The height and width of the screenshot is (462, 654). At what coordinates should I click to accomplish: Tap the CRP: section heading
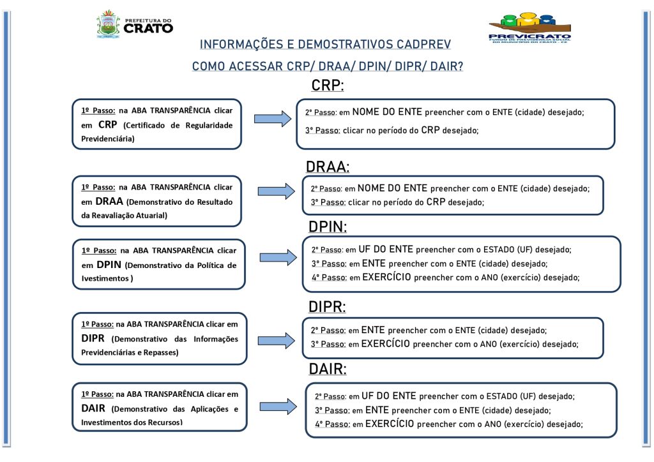[x=328, y=85]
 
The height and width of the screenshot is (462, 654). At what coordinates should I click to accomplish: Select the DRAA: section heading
[x=328, y=167]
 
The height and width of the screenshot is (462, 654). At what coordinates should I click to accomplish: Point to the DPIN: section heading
[x=328, y=227]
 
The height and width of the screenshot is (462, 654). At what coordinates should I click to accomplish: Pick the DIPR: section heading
[x=327, y=307]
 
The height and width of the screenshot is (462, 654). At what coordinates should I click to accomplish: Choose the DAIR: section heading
[x=328, y=368]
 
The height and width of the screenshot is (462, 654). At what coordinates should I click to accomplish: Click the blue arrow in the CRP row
[x=272, y=119]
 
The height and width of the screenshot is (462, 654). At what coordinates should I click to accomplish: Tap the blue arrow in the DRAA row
[x=276, y=191]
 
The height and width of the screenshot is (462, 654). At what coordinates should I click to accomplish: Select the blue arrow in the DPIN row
[x=278, y=257]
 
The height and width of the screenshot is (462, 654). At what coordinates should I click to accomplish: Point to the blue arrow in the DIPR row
[x=276, y=340]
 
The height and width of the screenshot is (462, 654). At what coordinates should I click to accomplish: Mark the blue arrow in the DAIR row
[x=278, y=406]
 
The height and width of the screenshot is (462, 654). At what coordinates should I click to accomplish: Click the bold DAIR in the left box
[x=93, y=408]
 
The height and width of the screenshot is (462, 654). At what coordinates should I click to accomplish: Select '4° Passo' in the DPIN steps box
[x=328, y=278]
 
